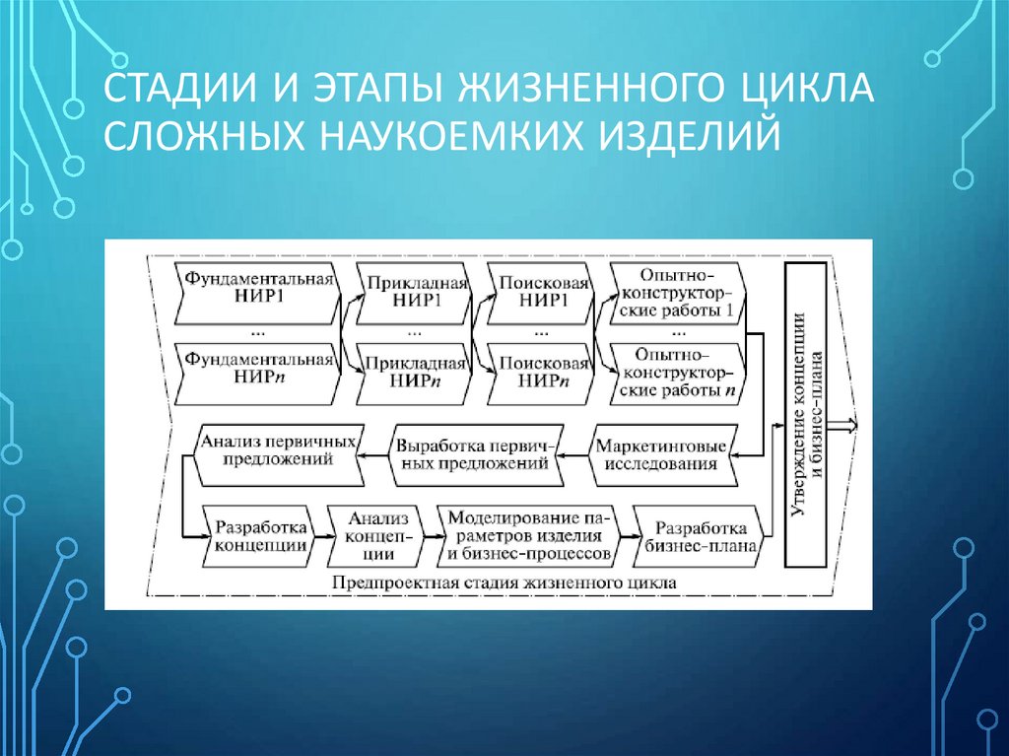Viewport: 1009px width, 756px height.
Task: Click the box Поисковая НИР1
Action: pos(543,292)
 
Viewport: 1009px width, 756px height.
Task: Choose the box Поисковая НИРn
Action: pos(543,370)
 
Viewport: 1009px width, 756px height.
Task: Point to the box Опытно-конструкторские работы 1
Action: pos(674,292)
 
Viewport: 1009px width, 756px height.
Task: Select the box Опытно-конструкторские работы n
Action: pos(674,371)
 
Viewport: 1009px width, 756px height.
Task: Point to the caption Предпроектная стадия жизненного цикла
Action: pos(504,583)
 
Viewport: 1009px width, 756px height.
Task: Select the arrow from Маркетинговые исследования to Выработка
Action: pos(577,455)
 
